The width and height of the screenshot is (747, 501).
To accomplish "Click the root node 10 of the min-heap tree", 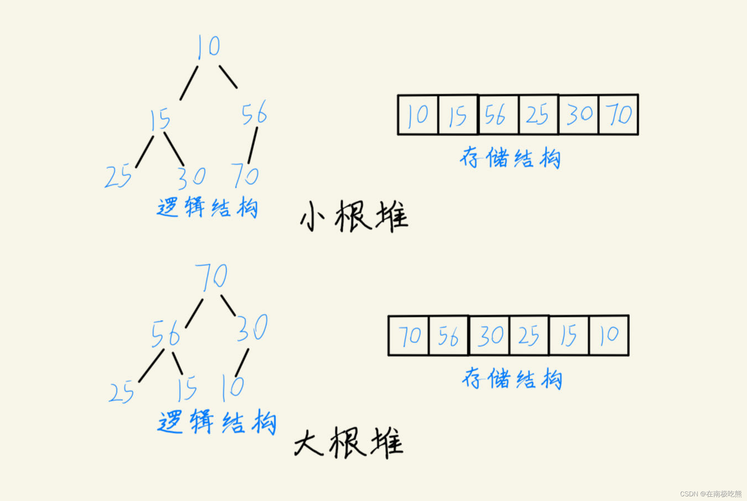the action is point(209,47).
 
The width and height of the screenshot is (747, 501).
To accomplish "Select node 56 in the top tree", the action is point(254,113).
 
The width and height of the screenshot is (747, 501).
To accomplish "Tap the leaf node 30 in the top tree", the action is point(192,177).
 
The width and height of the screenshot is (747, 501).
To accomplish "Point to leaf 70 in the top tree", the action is point(245,175).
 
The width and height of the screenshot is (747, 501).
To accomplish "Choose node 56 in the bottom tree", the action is point(166,334).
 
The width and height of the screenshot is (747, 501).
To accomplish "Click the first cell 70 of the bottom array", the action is point(409,336).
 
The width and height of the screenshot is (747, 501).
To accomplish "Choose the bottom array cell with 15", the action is point(569,336).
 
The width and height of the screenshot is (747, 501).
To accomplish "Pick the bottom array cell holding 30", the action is point(489,336).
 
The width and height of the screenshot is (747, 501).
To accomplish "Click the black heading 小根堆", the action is point(354,216).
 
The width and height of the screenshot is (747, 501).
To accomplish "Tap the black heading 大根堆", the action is point(349,443).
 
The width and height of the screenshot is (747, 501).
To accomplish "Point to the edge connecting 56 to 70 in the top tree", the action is point(253,145).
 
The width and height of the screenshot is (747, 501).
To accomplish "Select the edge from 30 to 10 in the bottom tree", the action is point(242,362).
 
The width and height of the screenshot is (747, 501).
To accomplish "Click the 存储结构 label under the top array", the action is point(510,158).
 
